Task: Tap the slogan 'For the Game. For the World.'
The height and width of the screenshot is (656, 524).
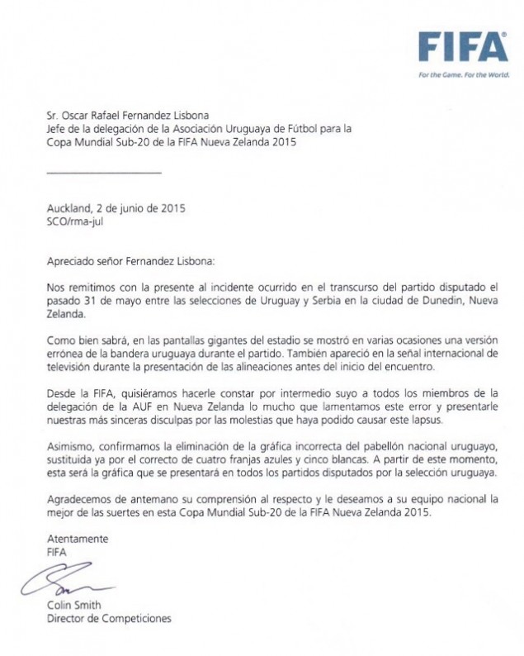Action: pos(463,74)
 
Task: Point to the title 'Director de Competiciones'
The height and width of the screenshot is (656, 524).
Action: pos(110,618)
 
